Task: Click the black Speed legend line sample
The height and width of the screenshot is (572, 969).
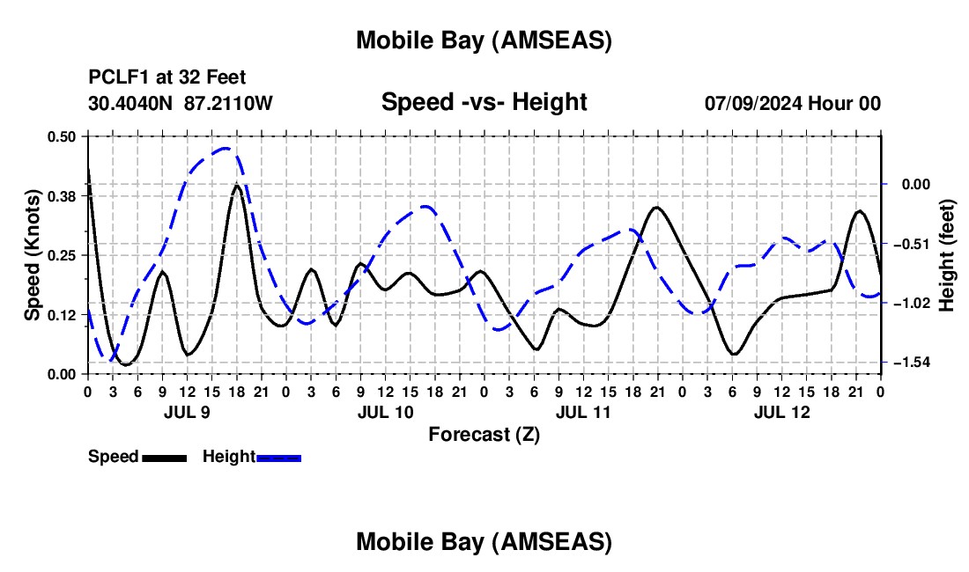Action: click(163, 458)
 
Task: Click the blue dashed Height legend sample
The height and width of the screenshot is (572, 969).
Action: click(278, 458)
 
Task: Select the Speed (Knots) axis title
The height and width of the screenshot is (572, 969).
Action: click(32, 255)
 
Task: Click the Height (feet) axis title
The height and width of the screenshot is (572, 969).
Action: click(948, 255)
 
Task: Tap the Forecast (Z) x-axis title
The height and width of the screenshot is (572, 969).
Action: click(484, 434)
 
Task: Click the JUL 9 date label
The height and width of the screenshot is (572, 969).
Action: click(186, 412)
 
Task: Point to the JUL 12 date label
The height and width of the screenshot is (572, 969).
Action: click(781, 412)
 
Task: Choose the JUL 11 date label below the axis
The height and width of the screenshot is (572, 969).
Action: click(582, 412)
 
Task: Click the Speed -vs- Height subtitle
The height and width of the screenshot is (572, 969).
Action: click(484, 102)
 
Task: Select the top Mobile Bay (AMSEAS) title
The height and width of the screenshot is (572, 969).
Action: click(484, 40)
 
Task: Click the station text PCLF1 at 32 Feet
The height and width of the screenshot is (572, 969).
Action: click(167, 77)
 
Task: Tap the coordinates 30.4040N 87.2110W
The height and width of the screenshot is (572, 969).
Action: click(181, 104)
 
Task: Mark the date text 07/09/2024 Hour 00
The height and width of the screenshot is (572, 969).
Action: click(792, 104)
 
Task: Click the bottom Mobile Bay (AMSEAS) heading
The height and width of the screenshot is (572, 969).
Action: click(484, 542)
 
